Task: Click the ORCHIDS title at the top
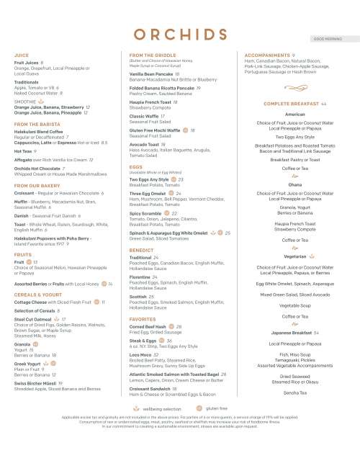179,34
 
